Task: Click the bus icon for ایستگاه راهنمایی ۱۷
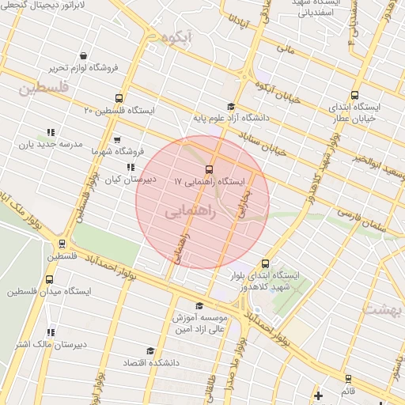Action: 210,168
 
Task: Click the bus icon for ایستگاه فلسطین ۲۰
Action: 119,99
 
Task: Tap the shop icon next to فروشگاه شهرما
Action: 117,140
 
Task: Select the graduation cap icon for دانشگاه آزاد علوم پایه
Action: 230,107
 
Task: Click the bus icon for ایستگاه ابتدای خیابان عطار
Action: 354,96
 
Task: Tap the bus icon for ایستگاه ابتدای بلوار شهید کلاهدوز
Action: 264,264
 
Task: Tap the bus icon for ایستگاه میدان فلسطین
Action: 50,279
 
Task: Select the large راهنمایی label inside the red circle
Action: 187,213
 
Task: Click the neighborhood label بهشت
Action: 382,308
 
